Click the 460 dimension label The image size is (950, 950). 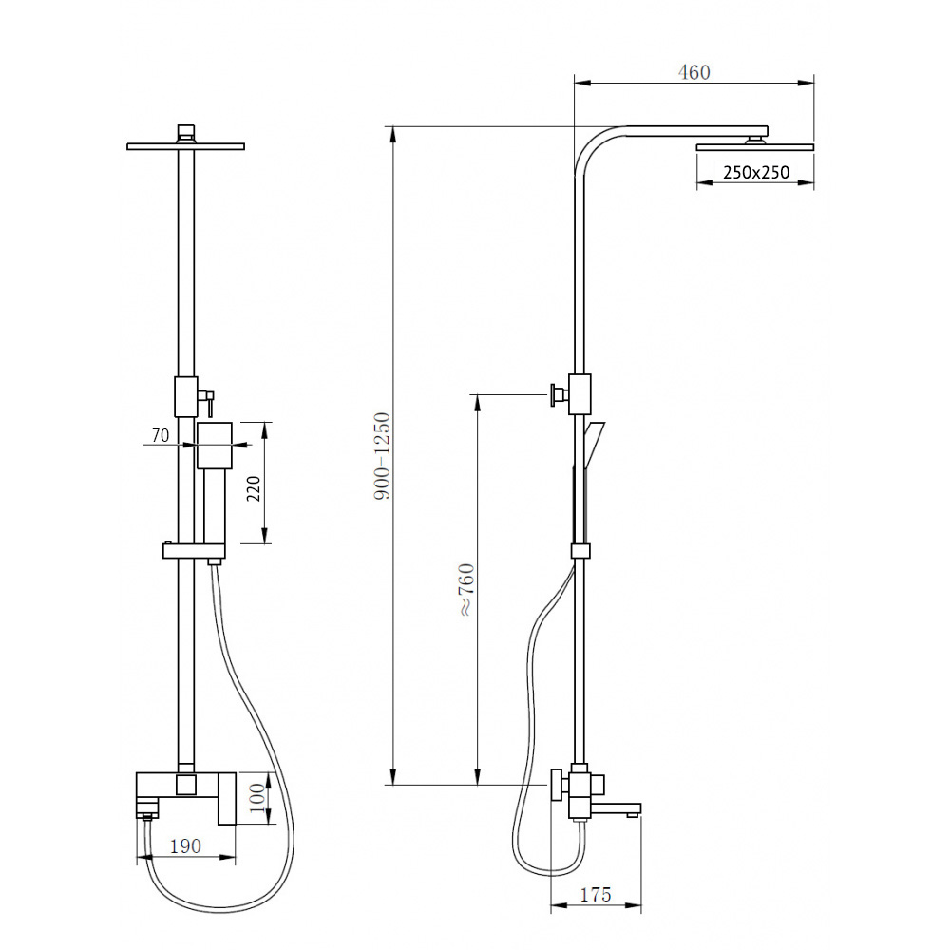point(693,72)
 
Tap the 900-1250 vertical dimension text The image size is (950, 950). point(380,456)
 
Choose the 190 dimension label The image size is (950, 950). point(186,845)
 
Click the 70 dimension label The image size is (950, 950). point(160,436)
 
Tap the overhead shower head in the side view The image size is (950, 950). point(755,146)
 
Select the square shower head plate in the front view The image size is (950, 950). point(186,145)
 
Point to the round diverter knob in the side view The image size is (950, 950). point(553,393)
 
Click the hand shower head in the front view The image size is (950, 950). point(215,446)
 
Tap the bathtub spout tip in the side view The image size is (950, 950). point(633,810)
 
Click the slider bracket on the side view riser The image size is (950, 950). point(579,550)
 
